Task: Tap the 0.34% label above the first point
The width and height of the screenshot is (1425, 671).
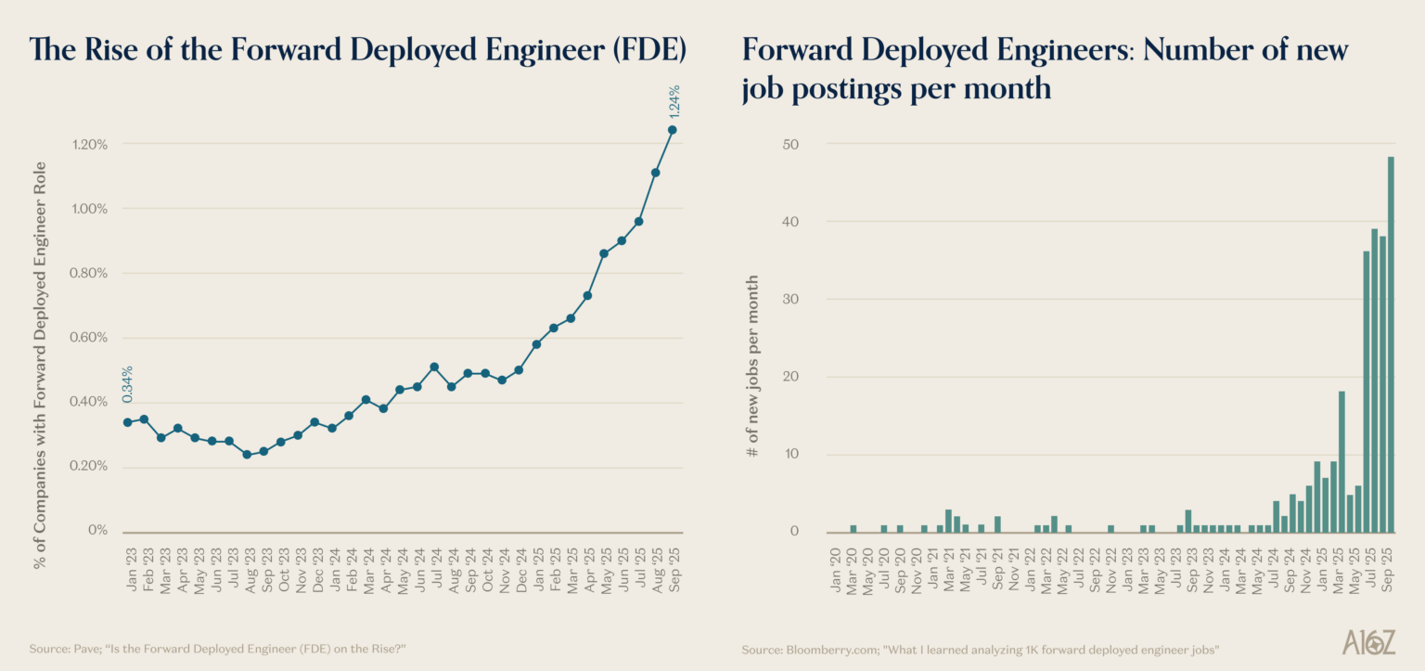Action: click(x=127, y=384)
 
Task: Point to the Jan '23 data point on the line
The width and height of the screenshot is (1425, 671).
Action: click(x=127, y=422)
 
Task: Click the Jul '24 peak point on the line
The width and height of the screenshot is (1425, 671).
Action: click(x=434, y=367)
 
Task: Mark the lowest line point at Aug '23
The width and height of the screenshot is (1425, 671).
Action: click(x=247, y=455)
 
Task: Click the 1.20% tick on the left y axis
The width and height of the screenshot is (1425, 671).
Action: click(x=89, y=144)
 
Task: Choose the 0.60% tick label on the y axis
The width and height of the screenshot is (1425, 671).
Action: click(x=89, y=337)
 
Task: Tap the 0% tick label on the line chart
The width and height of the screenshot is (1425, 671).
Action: click(x=97, y=530)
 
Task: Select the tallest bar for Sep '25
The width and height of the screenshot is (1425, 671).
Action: click(x=1391, y=343)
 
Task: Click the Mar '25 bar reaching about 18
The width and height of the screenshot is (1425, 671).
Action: click(x=1342, y=461)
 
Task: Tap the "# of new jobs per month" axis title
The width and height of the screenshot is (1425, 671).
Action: click(x=753, y=366)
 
